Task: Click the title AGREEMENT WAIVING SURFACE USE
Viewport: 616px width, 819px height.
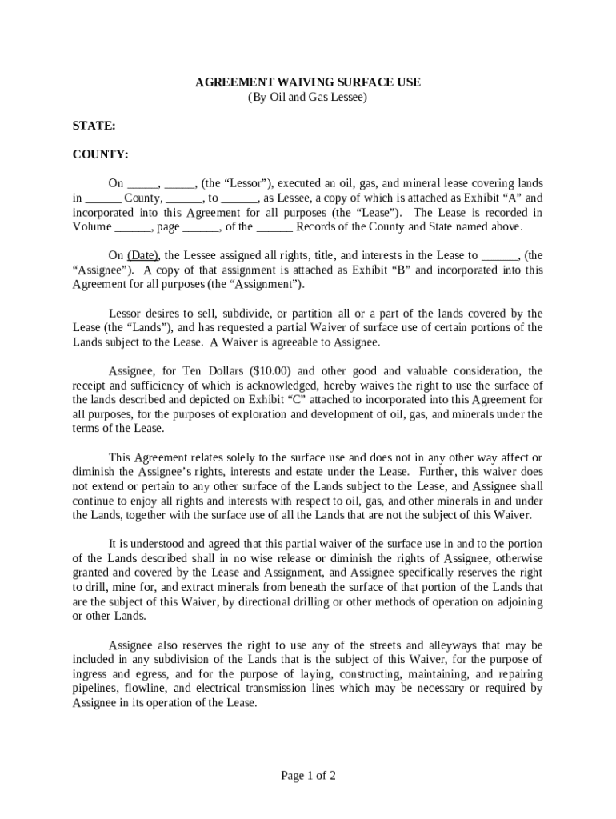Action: pos(308,82)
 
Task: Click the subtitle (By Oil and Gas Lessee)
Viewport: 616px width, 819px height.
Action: pos(308,98)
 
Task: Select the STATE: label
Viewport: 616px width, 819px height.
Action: pos(94,126)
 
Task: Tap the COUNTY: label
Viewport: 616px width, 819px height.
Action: pos(100,154)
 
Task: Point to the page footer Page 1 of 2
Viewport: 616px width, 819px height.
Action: pos(308,775)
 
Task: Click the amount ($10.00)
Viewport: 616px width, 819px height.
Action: pos(270,371)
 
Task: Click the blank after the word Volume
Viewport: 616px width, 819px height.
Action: pos(133,227)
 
